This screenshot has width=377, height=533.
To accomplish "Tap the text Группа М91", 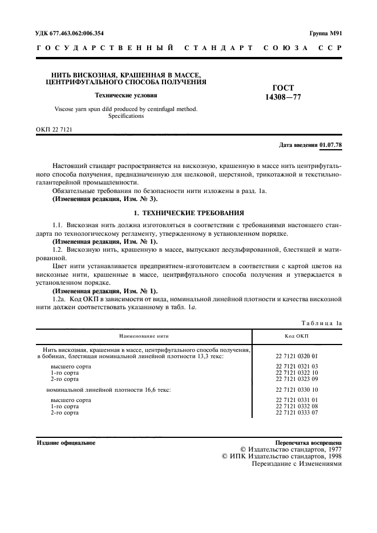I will pyautogui.click(x=325, y=33).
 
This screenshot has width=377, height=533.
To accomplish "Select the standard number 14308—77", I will pyautogui.click(x=283, y=97).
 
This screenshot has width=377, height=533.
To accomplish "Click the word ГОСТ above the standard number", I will pyautogui.click(x=283, y=88).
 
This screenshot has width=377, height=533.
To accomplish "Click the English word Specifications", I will pyautogui.click(x=126, y=116).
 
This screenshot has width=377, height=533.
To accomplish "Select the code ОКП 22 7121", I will pyautogui.click(x=54, y=130).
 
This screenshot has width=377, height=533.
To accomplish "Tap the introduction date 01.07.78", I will pyautogui.click(x=331, y=145).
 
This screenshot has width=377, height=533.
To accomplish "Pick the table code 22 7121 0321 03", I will pyautogui.click(x=297, y=366).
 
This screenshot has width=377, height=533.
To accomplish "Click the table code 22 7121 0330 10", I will pyautogui.click(x=297, y=389).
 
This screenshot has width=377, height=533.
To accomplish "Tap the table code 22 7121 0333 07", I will pyautogui.click(x=297, y=412).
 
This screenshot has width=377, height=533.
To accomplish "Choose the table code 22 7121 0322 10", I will pyautogui.click(x=297, y=372).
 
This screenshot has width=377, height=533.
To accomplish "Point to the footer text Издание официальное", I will pyautogui.click(x=66, y=442).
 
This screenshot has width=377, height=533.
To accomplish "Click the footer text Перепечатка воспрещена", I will pyautogui.click(x=308, y=442).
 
